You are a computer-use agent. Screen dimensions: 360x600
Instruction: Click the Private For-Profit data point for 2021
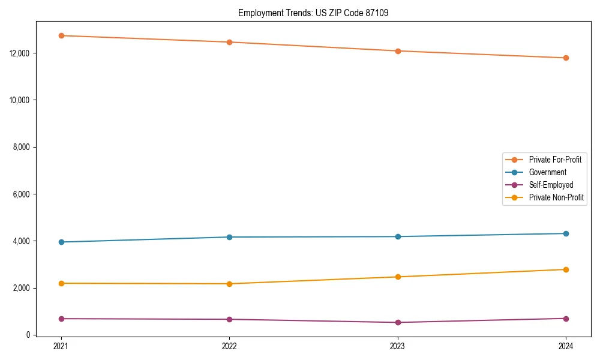[61, 35]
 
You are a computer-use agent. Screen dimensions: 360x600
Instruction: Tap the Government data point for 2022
[229, 237]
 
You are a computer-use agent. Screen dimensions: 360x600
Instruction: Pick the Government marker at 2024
[566, 233]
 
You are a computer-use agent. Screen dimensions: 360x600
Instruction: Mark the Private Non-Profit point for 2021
[61, 283]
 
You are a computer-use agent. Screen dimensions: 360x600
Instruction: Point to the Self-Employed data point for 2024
[566, 319]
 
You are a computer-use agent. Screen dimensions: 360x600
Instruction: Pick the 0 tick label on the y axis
[28, 335]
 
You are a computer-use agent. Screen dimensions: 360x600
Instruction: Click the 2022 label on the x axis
[229, 346]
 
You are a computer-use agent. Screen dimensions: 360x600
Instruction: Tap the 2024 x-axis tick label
[566, 346]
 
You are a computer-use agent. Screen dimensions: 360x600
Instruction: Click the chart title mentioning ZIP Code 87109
[313, 13]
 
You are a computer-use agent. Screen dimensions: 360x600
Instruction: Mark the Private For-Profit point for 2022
[229, 42]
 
